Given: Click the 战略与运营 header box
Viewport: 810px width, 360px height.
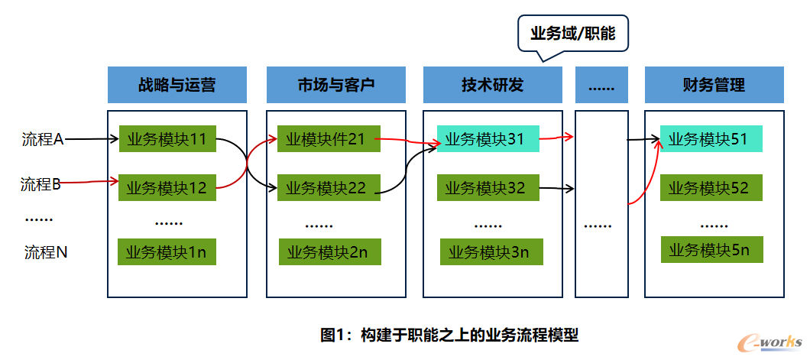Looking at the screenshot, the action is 177,85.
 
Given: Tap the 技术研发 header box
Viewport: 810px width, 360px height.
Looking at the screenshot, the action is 493,85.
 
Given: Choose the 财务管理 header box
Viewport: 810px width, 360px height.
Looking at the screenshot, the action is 714,85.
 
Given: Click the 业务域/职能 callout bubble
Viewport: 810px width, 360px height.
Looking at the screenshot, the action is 573,34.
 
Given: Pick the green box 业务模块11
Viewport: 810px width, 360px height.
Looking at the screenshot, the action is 167,138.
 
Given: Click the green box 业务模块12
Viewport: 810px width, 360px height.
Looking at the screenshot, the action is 167,187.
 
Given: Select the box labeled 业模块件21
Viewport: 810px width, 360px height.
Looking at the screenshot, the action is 329,138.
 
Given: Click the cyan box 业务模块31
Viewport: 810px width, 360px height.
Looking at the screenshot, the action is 488,138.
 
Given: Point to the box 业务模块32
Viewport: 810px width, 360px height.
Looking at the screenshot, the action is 488,187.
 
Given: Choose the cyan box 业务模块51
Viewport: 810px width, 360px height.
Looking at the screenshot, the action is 711,138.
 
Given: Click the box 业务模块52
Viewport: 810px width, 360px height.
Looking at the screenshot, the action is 711,187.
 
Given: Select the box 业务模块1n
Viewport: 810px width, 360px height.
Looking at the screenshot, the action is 167,251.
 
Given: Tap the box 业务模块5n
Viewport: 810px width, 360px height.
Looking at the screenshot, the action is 712,249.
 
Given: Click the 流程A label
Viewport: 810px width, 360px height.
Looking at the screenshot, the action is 42,139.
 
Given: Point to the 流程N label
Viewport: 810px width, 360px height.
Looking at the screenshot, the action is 46,252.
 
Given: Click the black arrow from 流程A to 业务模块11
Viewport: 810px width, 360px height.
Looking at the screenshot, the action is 92,139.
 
